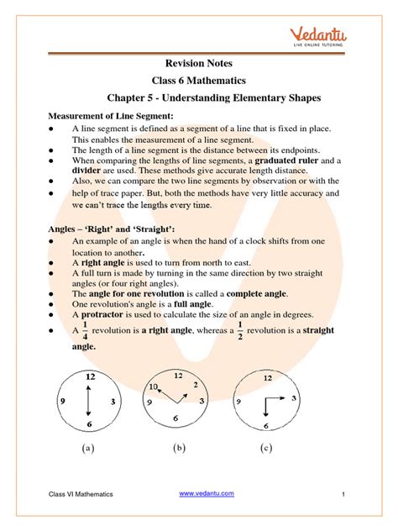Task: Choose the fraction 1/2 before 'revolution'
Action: coord(239,332)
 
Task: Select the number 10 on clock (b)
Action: coord(153,386)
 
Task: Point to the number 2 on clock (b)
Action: coord(199,387)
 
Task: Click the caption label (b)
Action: coord(179,450)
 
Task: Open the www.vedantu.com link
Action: coord(207,494)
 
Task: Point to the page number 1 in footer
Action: coord(345,495)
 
